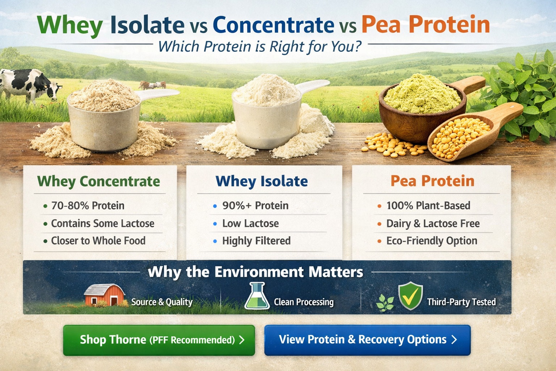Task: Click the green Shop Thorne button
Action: [x=159, y=340]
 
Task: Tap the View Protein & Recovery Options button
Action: [x=367, y=340]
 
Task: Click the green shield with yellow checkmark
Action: [x=410, y=296]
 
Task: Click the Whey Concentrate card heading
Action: [x=98, y=181]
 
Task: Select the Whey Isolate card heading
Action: [x=262, y=181]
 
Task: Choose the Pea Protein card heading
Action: [x=432, y=181]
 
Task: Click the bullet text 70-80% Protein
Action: [x=88, y=206]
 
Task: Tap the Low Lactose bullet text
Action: [x=250, y=224]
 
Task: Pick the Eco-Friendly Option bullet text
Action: [x=431, y=241]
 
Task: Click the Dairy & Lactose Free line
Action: [x=433, y=224]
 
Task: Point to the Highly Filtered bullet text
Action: [x=256, y=241]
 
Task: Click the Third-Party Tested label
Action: [x=461, y=302]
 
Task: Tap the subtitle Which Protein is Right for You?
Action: [x=260, y=46]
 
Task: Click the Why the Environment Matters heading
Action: [x=256, y=272]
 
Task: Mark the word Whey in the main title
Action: [x=70, y=25]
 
